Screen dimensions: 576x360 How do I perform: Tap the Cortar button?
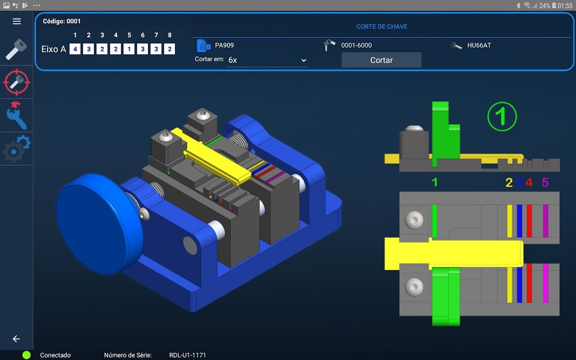click(381, 60)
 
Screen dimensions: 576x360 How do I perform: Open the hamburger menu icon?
click(17, 21)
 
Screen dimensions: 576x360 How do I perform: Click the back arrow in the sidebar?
click(16, 339)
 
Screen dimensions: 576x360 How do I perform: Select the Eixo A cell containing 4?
click(75, 49)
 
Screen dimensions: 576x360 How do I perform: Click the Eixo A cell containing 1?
click(129, 49)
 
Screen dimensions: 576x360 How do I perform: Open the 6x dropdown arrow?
click(304, 60)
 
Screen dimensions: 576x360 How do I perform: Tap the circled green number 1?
click(502, 117)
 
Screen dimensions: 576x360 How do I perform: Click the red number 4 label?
click(529, 183)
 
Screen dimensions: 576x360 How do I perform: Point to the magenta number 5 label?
click(545, 183)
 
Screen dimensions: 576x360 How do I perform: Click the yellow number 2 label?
click(509, 183)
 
